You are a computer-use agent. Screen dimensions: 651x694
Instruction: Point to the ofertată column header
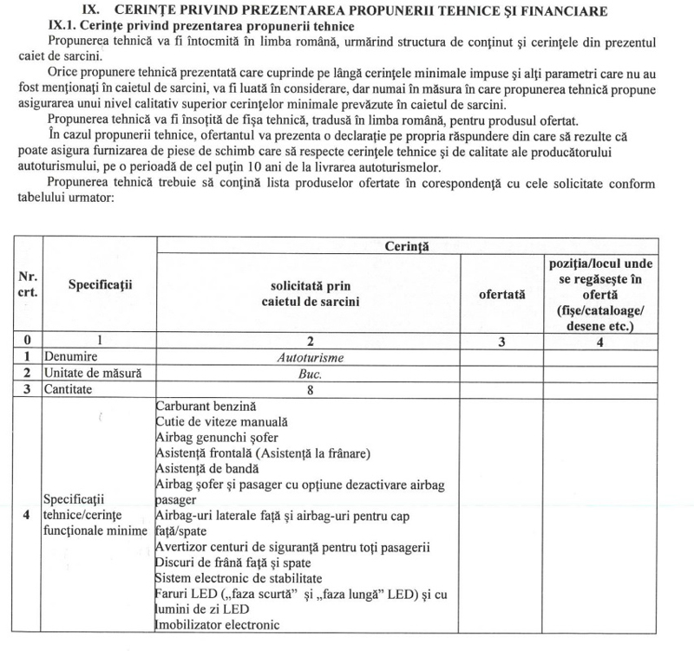click(501, 295)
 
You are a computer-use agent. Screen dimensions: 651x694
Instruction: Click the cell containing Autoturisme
click(307, 356)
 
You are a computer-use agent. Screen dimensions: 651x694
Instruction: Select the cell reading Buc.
click(307, 373)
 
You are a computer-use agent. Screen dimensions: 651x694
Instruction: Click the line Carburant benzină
click(207, 406)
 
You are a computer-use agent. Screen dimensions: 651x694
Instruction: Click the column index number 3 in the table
click(502, 341)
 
